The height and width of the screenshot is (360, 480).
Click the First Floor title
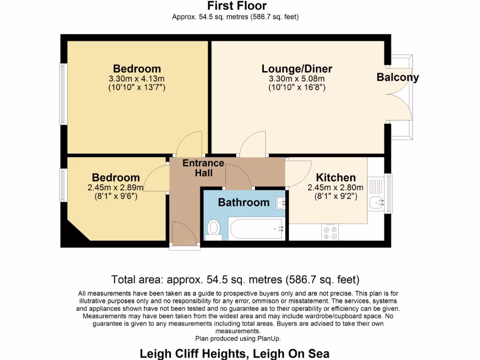pyautogui.click(x=237, y=6)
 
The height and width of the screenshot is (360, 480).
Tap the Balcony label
pyautogui.click(x=397, y=77)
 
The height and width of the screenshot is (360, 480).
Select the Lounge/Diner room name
pyautogui.click(x=297, y=69)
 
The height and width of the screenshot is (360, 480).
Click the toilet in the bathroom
pyautogui.click(x=214, y=229)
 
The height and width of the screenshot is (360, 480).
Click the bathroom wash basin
pyautogui.click(x=281, y=202)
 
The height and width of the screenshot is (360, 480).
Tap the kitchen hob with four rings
pyautogui.click(x=330, y=232)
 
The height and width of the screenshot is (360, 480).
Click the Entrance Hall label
pyautogui.click(x=203, y=168)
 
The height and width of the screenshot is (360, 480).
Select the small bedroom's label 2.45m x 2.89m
pyautogui.click(x=116, y=187)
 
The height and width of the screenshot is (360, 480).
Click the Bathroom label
pyautogui.click(x=244, y=202)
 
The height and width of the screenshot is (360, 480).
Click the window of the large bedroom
pyautogui.click(x=62, y=94)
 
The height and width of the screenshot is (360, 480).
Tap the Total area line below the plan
pyautogui.click(x=235, y=280)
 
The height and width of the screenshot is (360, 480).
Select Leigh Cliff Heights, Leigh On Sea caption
pyautogui.click(x=235, y=353)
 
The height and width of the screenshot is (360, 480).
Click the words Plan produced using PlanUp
pyautogui.click(x=238, y=338)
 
